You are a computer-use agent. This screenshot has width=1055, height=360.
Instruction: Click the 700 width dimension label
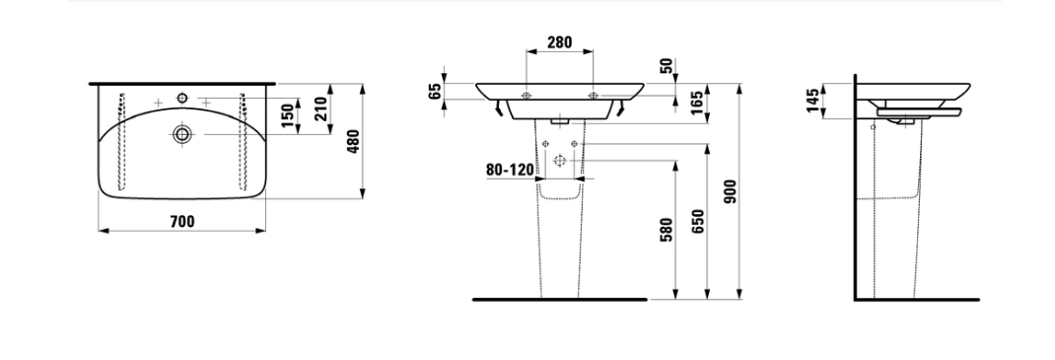[x=181, y=221]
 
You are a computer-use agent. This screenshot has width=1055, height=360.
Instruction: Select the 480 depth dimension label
[x=353, y=141]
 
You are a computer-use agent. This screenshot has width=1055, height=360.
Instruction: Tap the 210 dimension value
[x=321, y=109]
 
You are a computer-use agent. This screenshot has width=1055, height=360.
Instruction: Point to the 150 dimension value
[x=288, y=116]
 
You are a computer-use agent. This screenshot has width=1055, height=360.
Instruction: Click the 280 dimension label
[x=559, y=42]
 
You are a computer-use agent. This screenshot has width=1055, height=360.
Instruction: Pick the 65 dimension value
[x=435, y=91]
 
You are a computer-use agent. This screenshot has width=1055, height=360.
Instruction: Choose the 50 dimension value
[x=667, y=66]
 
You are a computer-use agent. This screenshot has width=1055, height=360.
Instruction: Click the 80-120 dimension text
[x=510, y=170]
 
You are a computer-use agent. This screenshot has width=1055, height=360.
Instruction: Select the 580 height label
[x=667, y=230]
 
